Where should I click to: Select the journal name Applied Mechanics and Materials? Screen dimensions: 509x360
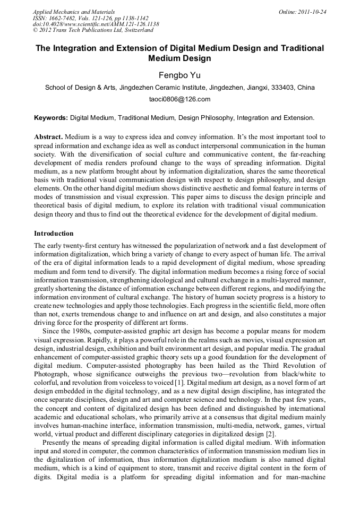click(x=74, y=12)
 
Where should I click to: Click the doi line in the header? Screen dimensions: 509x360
click(x=96, y=24)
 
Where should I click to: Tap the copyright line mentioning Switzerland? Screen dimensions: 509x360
click(x=93, y=31)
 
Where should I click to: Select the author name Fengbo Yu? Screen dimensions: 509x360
click(x=179, y=75)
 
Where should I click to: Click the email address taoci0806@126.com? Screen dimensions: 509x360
click(x=179, y=99)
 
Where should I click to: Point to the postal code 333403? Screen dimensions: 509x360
click(x=287, y=88)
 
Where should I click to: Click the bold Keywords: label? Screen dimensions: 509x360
click(x=52, y=118)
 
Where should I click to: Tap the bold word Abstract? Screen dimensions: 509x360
click(x=49, y=137)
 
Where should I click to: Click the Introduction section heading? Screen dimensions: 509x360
click(x=54, y=234)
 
